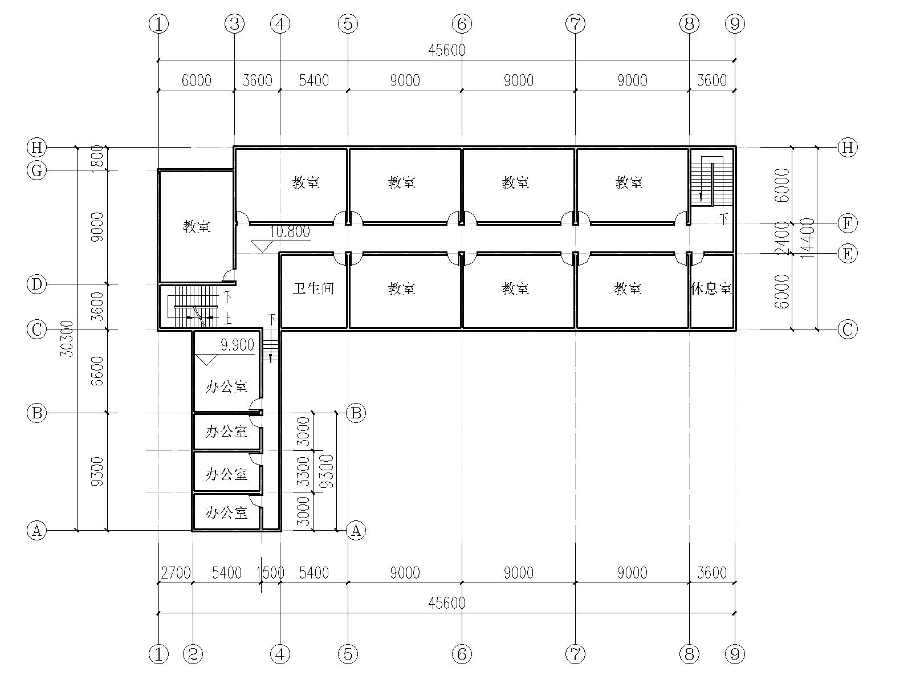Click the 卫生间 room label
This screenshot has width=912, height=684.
(x=313, y=288)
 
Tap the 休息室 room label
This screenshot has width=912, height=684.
(x=711, y=288)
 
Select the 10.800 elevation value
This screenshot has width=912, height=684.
(x=290, y=232)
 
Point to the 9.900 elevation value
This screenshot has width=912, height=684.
(x=237, y=345)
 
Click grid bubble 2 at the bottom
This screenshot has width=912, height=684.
(x=193, y=654)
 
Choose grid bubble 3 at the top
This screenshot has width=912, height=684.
(x=235, y=24)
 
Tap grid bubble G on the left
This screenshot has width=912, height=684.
(x=36, y=170)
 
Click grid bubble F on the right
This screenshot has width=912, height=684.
(x=848, y=223)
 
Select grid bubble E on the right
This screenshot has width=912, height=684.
(x=848, y=254)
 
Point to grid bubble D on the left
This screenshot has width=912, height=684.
(x=36, y=284)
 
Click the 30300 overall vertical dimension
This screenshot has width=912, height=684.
(x=67, y=339)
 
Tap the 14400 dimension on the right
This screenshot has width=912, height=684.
(x=807, y=238)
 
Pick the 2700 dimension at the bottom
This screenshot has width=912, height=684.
(x=176, y=573)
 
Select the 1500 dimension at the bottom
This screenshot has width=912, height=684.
(x=270, y=573)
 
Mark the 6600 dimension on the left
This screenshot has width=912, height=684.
(x=97, y=371)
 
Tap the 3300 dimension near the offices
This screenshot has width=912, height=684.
(x=304, y=471)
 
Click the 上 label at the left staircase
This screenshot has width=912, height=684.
(x=227, y=319)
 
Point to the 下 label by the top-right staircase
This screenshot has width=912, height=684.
(x=724, y=218)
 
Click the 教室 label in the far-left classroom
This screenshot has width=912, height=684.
(x=197, y=226)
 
